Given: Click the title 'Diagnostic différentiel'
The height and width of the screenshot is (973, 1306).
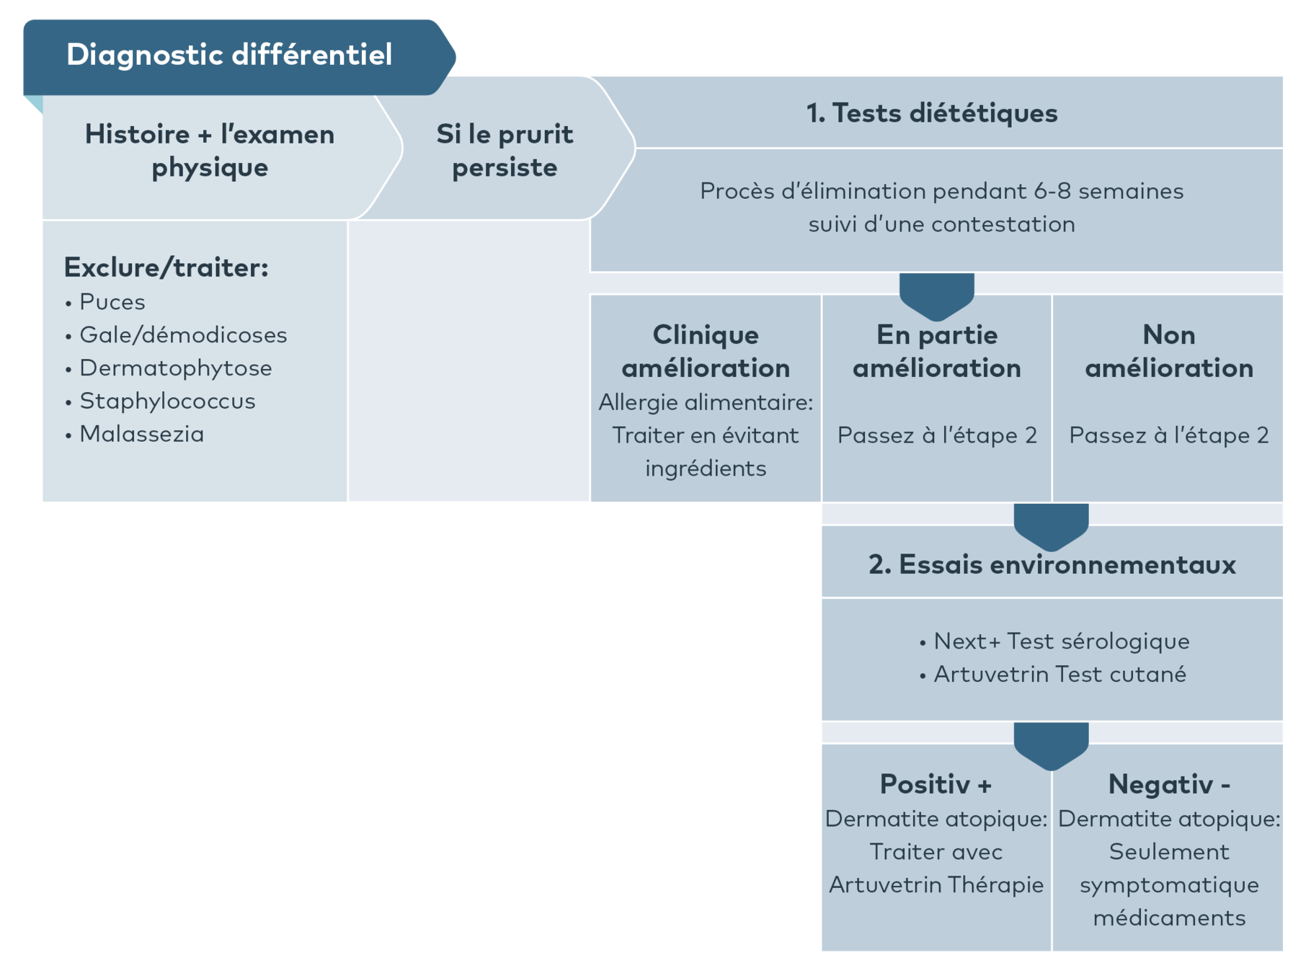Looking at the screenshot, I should pyautogui.click(x=229, y=55).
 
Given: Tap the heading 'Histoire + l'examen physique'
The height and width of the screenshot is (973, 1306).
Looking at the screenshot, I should pyautogui.click(x=210, y=151).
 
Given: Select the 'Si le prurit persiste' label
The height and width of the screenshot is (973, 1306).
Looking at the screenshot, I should pyautogui.click(x=505, y=151).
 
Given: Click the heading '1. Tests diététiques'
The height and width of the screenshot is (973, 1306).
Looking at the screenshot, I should pyautogui.click(x=931, y=113).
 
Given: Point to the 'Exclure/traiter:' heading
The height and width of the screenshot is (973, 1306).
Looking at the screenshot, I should pyautogui.click(x=166, y=267).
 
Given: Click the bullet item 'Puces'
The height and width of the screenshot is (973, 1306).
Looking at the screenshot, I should pyautogui.click(x=112, y=302).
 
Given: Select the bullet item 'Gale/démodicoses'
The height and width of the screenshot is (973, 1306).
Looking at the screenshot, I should pyautogui.click(x=183, y=335).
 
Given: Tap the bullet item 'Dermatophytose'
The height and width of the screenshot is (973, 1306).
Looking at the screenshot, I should pyautogui.click(x=176, y=368).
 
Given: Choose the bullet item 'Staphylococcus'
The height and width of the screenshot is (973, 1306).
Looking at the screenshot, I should pyautogui.click(x=167, y=401).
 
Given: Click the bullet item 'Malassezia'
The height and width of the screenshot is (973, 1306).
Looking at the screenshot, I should pyautogui.click(x=142, y=435).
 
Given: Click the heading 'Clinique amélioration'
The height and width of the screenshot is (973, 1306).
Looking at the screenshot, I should pyautogui.click(x=706, y=351).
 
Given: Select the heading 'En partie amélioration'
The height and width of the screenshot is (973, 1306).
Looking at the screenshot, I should pyautogui.click(x=936, y=351).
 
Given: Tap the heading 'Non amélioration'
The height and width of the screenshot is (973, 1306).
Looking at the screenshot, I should pyautogui.click(x=1168, y=351).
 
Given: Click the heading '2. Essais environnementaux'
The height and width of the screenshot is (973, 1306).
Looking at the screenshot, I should pyautogui.click(x=1052, y=564).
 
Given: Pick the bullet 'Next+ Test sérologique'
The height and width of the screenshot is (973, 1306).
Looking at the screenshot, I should pyautogui.click(x=1061, y=641).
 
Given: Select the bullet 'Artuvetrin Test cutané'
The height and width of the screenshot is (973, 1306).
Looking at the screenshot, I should pyautogui.click(x=1060, y=674).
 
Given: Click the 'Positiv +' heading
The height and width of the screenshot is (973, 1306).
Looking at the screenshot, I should pyautogui.click(x=936, y=784).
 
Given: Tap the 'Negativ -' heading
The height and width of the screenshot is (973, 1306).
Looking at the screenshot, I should pyautogui.click(x=1168, y=784).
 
